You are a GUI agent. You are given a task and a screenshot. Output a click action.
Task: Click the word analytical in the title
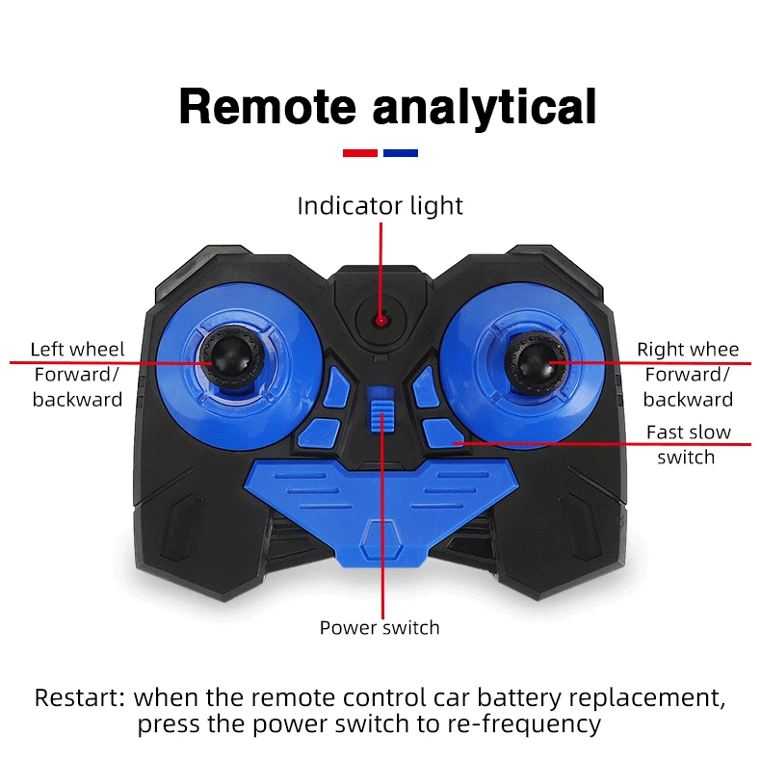click(x=484, y=107)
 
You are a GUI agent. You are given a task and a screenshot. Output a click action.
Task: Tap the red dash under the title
click(x=359, y=152)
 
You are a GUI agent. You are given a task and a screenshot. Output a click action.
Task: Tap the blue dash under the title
click(x=400, y=152)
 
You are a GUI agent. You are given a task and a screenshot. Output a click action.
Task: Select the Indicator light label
click(x=380, y=206)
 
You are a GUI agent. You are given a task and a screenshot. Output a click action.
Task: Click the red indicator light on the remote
click(x=380, y=319)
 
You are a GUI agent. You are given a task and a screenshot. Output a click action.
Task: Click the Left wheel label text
click(x=77, y=349)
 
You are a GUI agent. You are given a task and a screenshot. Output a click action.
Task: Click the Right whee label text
click(x=688, y=349)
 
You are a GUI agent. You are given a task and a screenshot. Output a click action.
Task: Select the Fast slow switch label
click(x=688, y=444)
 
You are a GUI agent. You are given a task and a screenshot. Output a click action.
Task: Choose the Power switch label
click(x=380, y=628)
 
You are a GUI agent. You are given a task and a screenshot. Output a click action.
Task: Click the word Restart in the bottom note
click(x=80, y=697)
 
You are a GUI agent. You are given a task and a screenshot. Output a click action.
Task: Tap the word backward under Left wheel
click(x=77, y=399)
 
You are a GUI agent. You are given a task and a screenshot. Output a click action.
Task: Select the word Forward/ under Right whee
click(x=688, y=374)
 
